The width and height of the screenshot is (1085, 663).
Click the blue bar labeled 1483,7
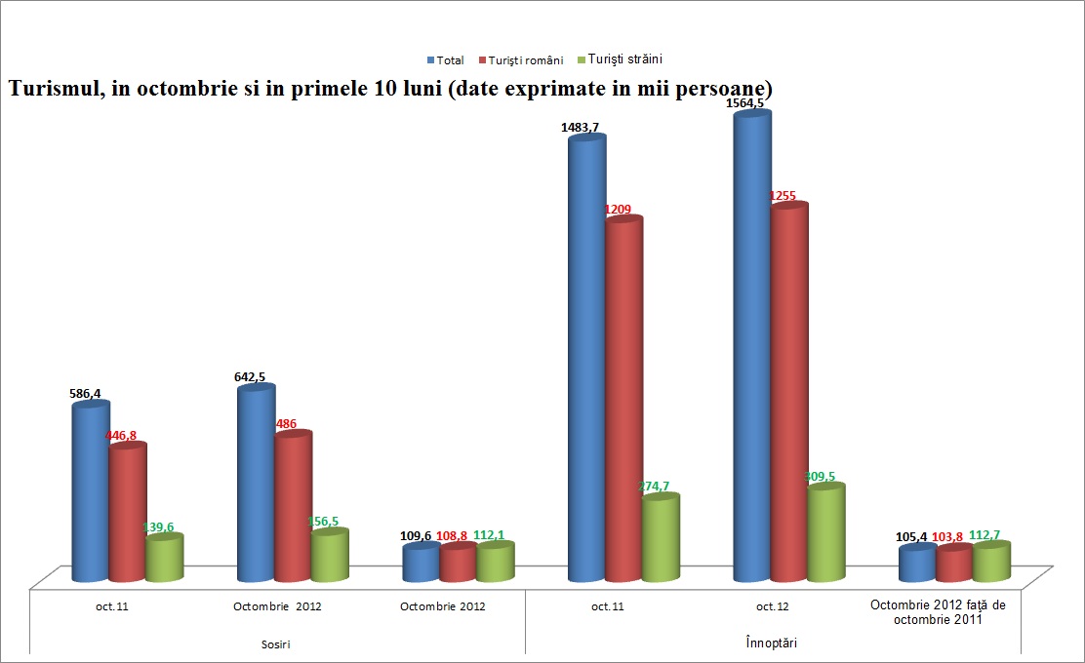587,361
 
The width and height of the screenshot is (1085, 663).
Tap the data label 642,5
255,376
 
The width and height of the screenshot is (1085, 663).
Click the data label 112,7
992,535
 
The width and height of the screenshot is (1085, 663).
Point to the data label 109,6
421,535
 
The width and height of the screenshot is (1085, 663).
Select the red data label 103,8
955,535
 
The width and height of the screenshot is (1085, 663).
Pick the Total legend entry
450,60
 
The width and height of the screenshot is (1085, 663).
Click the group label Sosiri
277,644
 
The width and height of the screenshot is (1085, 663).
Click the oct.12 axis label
772,606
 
